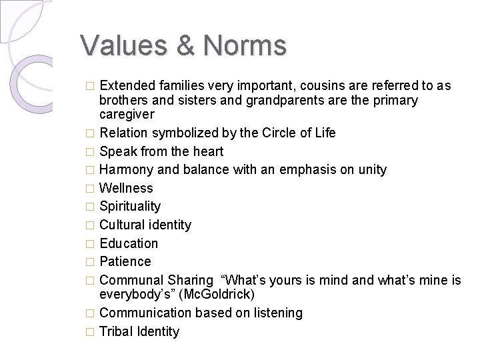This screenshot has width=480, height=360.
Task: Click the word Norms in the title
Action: pos(246,45)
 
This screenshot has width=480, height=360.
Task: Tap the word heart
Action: pos(208,151)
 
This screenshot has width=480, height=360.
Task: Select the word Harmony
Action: pos(127,169)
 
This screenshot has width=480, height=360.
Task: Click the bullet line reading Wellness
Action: pos(126,188)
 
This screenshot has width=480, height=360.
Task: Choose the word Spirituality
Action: pos(130,207)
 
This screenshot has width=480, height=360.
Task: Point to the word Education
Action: pos(129,243)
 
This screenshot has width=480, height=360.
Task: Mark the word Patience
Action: pos(125,261)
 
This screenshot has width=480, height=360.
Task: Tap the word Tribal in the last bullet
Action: pos(116,331)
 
